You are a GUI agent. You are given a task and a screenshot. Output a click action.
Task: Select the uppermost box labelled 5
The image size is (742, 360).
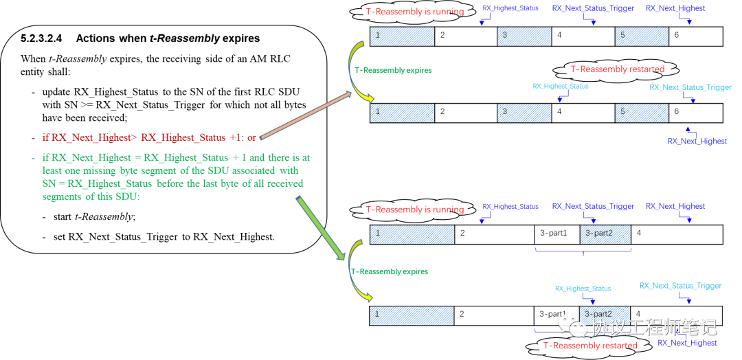click(642, 36)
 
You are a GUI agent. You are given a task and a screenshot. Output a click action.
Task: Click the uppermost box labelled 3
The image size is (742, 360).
click(524, 36)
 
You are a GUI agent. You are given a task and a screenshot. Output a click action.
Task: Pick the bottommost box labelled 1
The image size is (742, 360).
click(412, 316)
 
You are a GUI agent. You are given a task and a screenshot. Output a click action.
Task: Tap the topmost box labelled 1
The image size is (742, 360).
click(402, 36)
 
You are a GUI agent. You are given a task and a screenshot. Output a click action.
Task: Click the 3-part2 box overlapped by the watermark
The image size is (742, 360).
click(605, 314)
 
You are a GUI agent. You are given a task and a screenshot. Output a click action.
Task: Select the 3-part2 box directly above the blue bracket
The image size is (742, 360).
click(605, 234)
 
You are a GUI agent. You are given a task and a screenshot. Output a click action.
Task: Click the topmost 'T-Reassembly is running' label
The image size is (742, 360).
click(414, 11)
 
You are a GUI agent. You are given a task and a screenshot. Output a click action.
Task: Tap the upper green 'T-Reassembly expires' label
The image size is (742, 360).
click(392, 70)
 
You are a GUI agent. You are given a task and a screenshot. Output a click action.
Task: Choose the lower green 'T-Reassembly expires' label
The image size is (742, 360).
click(389, 271)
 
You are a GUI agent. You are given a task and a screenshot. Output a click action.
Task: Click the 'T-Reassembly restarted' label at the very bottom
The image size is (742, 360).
click(589, 346)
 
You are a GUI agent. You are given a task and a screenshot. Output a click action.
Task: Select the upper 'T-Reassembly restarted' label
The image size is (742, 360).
click(617, 69)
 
